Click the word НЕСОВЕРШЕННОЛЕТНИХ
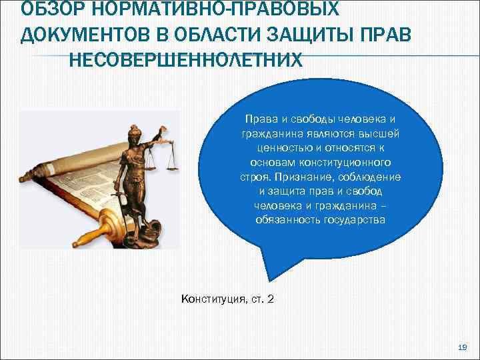click(185, 59)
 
